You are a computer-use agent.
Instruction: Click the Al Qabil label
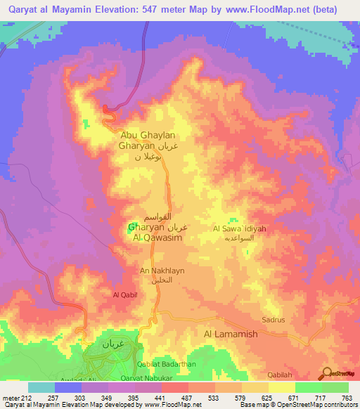(124, 296)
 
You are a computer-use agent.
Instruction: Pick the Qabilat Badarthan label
(166, 363)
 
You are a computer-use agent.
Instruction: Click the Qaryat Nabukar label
(157, 377)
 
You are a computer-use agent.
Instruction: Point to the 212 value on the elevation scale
(22, 397)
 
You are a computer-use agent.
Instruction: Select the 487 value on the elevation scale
(186, 397)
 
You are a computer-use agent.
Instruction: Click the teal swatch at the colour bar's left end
(41, 387)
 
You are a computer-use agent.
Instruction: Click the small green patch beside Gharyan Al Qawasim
(131, 228)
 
